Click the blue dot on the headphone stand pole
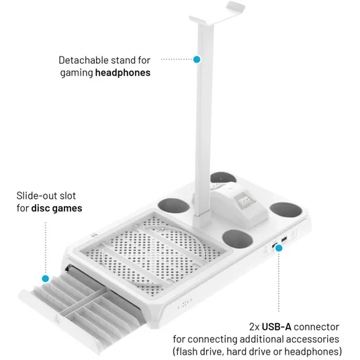[x=197, y=60]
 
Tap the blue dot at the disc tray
[x=46, y=279]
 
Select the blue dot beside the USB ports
[x=279, y=248]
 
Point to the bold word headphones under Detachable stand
[x=123, y=73]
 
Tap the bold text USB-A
[x=277, y=326]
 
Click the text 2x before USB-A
[x=254, y=327]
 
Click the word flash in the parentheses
[x=188, y=351]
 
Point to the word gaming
[x=77, y=73]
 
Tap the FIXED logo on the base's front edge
[x=185, y=304]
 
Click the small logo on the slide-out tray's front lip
[x=56, y=318]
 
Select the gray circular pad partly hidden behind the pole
[x=223, y=177]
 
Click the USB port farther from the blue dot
[x=284, y=240]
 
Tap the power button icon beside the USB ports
[x=294, y=233]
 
